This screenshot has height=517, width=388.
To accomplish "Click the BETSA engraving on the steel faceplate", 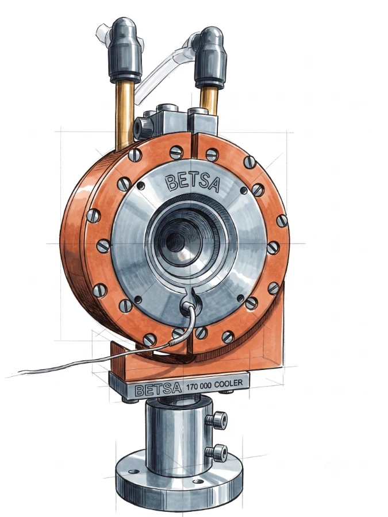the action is tap(192, 183).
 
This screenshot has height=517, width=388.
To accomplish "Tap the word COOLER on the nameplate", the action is tap(228, 384).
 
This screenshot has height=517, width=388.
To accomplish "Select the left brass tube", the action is tap(124, 115).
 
